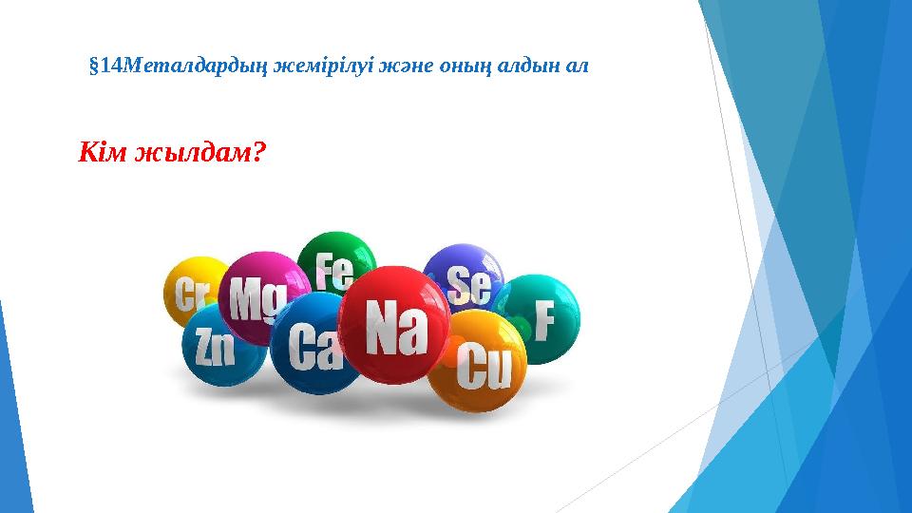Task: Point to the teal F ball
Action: [x=539, y=318]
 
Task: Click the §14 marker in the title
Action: [x=105, y=66]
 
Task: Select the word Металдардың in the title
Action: [x=196, y=66]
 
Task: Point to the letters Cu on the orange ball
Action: [x=484, y=370]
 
